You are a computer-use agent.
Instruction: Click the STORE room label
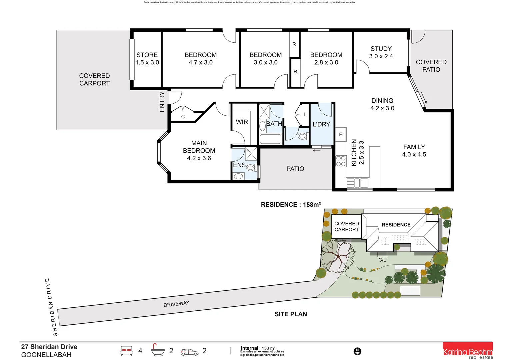[147, 55]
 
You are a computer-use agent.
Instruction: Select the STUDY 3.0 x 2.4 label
[381, 53]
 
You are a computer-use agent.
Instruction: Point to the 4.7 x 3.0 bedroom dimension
[201, 63]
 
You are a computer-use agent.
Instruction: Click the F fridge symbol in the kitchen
[340, 134]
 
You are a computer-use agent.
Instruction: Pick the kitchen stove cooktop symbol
[341, 161]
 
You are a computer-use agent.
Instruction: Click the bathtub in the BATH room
[270, 139]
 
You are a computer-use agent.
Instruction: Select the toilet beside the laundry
[302, 136]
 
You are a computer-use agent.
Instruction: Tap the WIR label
[242, 122]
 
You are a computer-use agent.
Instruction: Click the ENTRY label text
[162, 102]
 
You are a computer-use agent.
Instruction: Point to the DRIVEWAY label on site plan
[176, 304]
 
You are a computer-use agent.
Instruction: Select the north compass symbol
[357, 351]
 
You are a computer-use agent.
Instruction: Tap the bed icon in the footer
[126, 351]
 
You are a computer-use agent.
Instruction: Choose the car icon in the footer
[189, 352]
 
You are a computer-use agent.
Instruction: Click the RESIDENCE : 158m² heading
[291, 205]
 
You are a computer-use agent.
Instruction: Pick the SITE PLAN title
[291, 314]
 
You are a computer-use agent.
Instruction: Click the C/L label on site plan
[382, 260]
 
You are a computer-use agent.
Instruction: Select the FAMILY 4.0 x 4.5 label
[414, 151]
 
